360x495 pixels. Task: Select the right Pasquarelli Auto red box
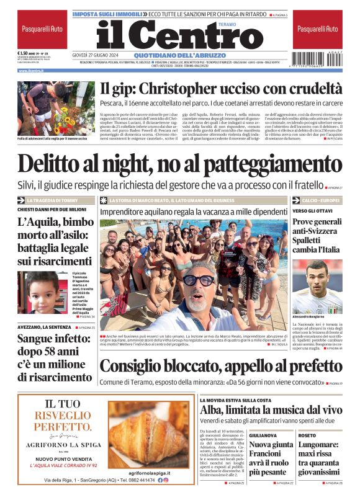(318, 29)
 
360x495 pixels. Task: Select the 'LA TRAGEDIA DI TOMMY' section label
(52, 200)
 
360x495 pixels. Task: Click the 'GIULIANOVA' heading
(263, 435)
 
